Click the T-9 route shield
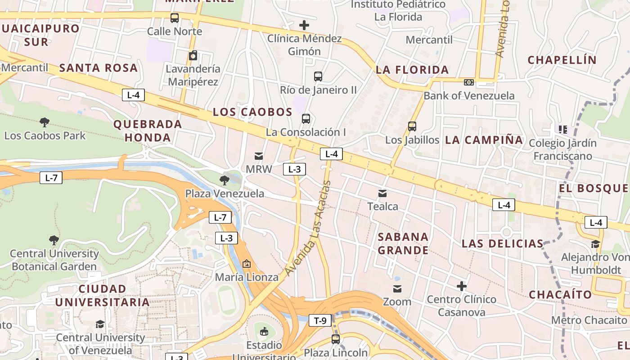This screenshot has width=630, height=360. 320,320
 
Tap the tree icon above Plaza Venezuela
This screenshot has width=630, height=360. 224,180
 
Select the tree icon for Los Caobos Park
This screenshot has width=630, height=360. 45,122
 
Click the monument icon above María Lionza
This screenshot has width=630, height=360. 246,264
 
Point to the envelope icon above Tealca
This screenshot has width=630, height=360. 382,193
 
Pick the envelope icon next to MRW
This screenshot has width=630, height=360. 259,156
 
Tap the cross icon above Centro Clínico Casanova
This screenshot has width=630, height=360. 461,286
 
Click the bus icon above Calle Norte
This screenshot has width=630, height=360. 175,18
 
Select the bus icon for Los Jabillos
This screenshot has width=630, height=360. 412,126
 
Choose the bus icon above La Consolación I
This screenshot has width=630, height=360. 306,119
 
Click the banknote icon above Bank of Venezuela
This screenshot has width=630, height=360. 469,82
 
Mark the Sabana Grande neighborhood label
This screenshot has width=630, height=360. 403,243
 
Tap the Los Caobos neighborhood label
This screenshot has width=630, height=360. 252,112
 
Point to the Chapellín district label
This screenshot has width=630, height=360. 562,60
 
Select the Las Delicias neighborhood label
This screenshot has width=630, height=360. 503,244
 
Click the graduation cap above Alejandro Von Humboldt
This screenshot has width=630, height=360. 595,244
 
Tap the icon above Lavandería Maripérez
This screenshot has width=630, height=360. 193,56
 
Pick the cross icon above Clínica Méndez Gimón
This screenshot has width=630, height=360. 304,25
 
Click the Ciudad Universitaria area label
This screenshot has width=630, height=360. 102,295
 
